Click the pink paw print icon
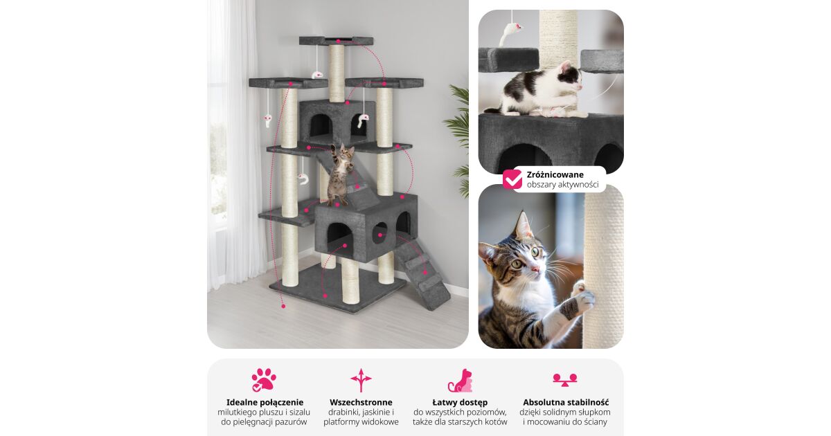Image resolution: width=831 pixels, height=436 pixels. (264, 380)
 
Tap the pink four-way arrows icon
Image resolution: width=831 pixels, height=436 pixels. (361, 380)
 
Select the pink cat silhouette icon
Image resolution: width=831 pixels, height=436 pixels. (460, 381)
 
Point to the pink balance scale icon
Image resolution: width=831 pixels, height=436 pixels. (564, 380)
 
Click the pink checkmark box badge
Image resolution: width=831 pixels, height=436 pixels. (512, 179)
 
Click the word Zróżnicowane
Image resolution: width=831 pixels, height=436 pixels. (555, 174)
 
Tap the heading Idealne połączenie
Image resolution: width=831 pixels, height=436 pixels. (265, 402)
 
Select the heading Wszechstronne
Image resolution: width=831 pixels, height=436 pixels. (361, 402)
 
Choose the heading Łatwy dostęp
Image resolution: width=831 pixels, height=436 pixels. (460, 402)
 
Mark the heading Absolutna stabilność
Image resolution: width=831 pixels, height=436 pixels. (566, 402)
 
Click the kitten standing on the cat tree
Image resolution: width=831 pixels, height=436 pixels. (341, 174)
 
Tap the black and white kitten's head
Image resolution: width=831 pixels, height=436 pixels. (570, 77)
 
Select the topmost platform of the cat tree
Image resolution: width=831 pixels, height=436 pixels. (336, 40)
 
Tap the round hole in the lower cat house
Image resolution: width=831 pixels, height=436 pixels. (379, 233)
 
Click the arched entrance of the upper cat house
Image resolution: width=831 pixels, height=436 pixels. (320, 125)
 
